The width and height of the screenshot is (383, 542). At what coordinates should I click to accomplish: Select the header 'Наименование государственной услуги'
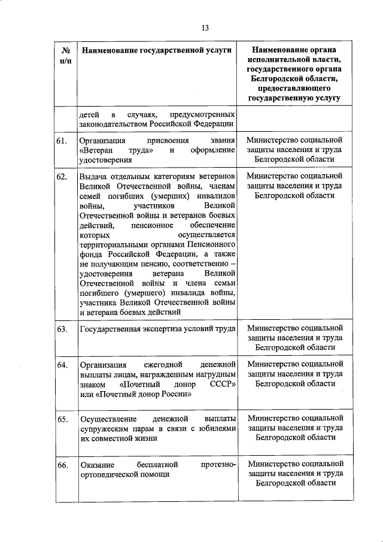156,52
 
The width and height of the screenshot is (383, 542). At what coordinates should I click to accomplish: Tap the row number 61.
62,141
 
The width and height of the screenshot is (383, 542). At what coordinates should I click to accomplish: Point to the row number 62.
62,177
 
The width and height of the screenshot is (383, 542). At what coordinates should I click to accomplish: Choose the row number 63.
62,329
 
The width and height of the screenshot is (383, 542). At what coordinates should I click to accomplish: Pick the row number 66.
62,465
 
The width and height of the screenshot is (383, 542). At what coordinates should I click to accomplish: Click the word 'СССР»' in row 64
223,384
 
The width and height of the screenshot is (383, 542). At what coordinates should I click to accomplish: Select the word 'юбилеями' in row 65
215,428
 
